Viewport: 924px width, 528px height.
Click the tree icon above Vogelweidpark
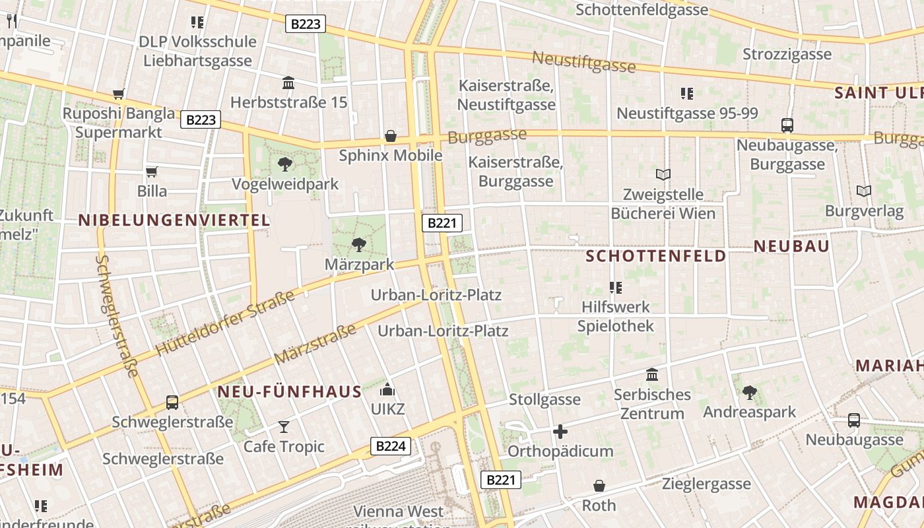click(x=285, y=164)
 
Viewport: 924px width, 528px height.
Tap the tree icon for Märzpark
click(x=359, y=245)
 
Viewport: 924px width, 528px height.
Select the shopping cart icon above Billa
click(x=152, y=172)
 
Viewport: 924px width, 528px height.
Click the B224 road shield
click(x=390, y=446)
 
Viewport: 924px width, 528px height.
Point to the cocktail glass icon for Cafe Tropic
click(x=284, y=427)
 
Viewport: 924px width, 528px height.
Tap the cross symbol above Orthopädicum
click(x=560, y=432)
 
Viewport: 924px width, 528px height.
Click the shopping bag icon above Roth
click(x=599, y=486)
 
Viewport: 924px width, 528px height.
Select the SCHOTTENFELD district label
click(x=656, y=255)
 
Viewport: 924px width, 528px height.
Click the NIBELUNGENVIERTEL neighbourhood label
click(x=174, y=220)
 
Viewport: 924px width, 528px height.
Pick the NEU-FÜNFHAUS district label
click(x=290, y=392)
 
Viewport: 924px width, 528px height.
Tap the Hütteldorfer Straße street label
click(x=224, y=323)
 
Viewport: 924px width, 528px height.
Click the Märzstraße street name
click(x=315, y=343)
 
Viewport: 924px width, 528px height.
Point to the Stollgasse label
click(x=544, y=399)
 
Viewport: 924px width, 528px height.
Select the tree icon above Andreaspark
click(x=749, y=393)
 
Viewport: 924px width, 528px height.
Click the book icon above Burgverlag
click(x=863, y=191)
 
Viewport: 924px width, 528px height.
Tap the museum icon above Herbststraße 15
click(x=288, y=83)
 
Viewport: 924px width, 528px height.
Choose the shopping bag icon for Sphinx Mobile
click(x=391, y=136)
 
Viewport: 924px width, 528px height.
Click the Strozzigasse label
click(x=787, y=54)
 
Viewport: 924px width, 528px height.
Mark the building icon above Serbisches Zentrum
click(x=652, y=375)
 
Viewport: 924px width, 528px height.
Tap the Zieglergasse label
click(x=706, y=484)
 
